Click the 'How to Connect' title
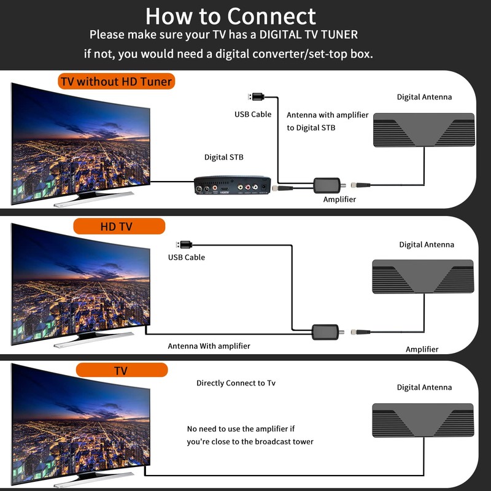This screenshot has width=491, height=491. click(231, 16)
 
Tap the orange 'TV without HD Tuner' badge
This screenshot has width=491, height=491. click(117, 81)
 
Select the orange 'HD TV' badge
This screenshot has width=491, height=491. click(119, 226)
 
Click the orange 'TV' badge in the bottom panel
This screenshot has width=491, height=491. click(121, 371)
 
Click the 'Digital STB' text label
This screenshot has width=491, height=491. click(224, 158)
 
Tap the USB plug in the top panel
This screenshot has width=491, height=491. click(257, 97)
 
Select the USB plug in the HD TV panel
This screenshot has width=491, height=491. click(186, 244)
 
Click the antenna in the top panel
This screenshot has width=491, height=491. click(424, 130)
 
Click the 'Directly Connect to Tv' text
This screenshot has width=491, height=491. click(236, 383)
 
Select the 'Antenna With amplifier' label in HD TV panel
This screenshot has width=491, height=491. click(209, 346)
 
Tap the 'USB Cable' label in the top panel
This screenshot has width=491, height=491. click(253, 114)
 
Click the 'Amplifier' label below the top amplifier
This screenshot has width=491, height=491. click(339, 199)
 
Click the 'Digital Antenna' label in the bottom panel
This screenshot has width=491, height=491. click(424, 387)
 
